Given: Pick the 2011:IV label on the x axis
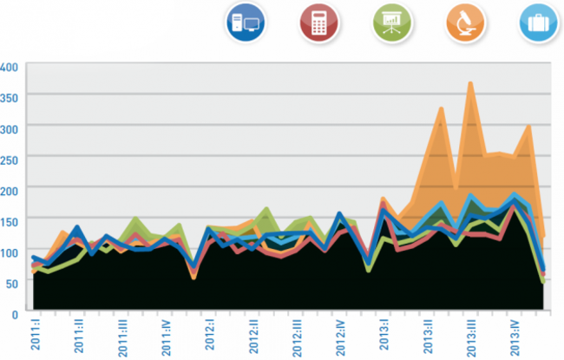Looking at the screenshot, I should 166,337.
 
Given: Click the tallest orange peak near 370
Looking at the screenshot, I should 470,83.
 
